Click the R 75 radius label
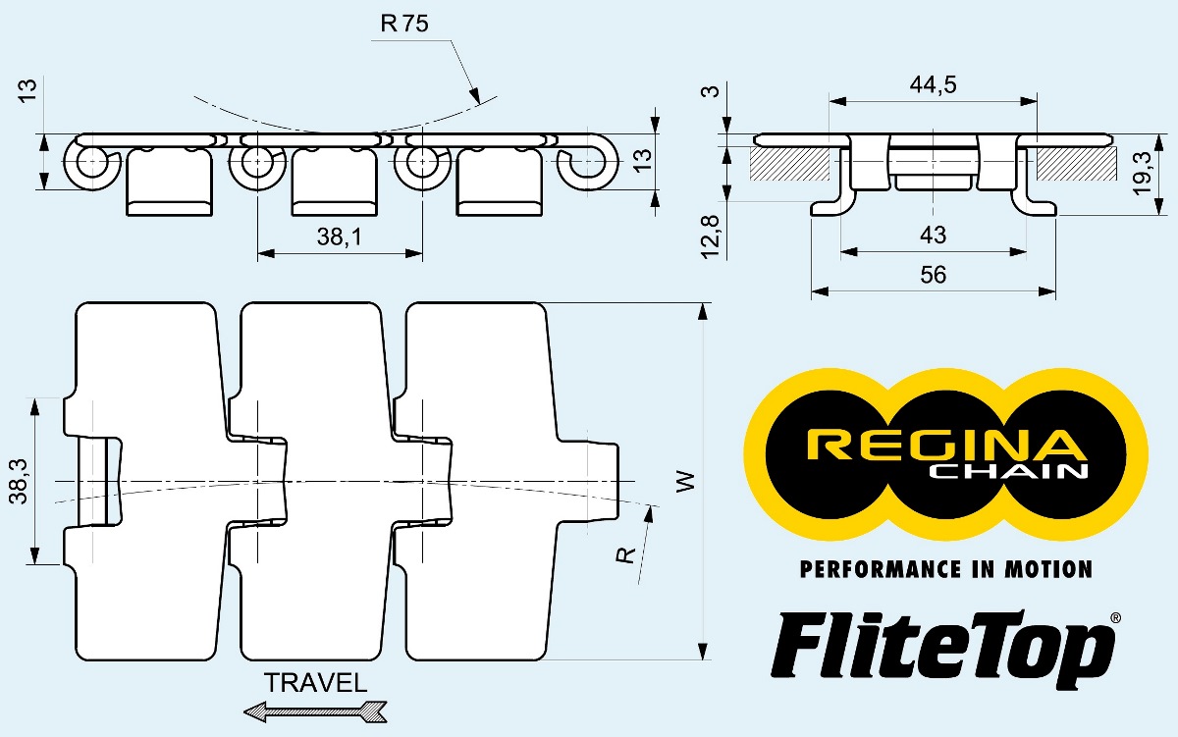pos(404,25)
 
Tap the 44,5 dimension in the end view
pos(933,84)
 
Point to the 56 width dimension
pos(934,275)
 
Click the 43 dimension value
pos(934,236)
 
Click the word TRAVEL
pos(315,683)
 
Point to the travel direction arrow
pos(315,711)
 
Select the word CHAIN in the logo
pos(1008,473)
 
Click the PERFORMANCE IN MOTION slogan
pos(945,569)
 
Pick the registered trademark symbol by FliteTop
pos(1115,618)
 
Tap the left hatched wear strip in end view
pos(789,164)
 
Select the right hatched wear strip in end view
pos(1076,164)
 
